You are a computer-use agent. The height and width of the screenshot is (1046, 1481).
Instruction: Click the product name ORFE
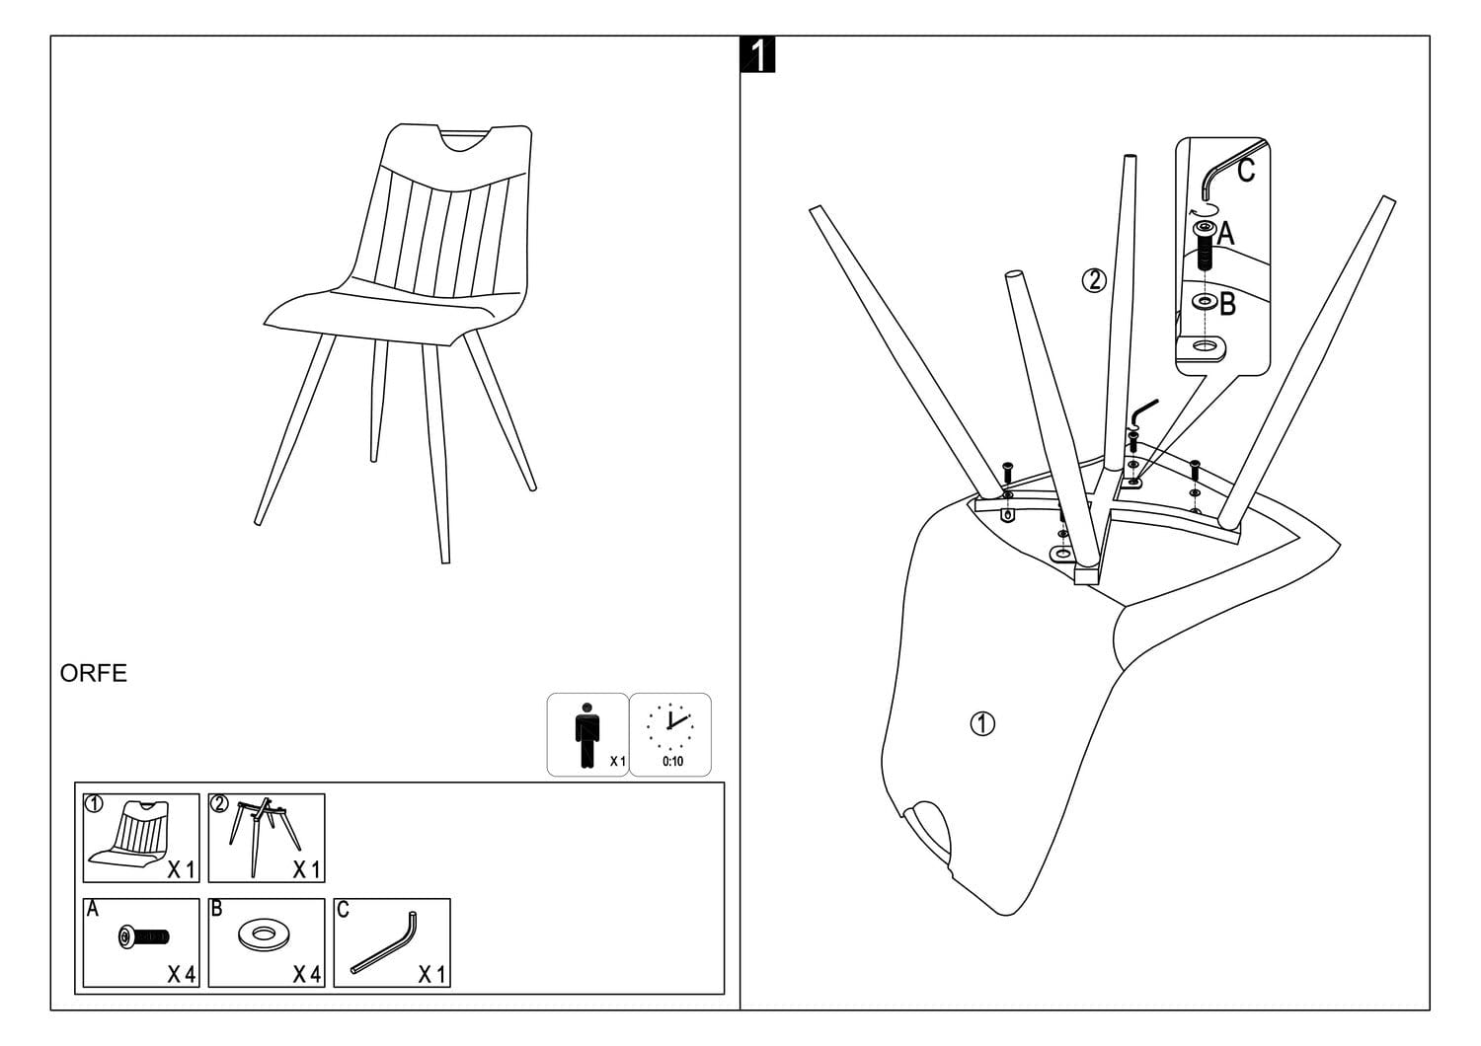pos(94,674)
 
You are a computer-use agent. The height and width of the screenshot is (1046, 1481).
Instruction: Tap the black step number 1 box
pos(757,55)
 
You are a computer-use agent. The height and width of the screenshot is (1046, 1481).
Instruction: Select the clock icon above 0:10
pos(670,727)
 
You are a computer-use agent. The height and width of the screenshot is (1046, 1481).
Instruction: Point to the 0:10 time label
pos(672,762)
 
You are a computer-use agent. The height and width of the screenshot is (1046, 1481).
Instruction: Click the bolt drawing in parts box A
pos(143,935)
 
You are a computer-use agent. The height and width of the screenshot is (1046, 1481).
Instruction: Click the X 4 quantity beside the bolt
pos(181,975)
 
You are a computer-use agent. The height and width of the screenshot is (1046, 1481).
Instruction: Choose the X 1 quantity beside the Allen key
pos(430,975)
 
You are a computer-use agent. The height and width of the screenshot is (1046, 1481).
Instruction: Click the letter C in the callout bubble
pos(1245,171)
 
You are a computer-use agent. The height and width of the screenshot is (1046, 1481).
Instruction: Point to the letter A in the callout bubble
pos(1225,234)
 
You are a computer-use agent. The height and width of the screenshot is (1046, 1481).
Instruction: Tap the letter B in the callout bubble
pos(1227,304)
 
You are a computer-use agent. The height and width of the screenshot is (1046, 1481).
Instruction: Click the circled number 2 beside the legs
pos(1094,281)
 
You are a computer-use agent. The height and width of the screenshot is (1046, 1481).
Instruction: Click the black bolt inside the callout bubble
pos(1204,245)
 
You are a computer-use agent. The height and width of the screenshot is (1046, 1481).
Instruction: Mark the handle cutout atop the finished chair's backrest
pos(467,140)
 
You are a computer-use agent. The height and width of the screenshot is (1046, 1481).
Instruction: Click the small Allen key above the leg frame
pos(1144,409)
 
